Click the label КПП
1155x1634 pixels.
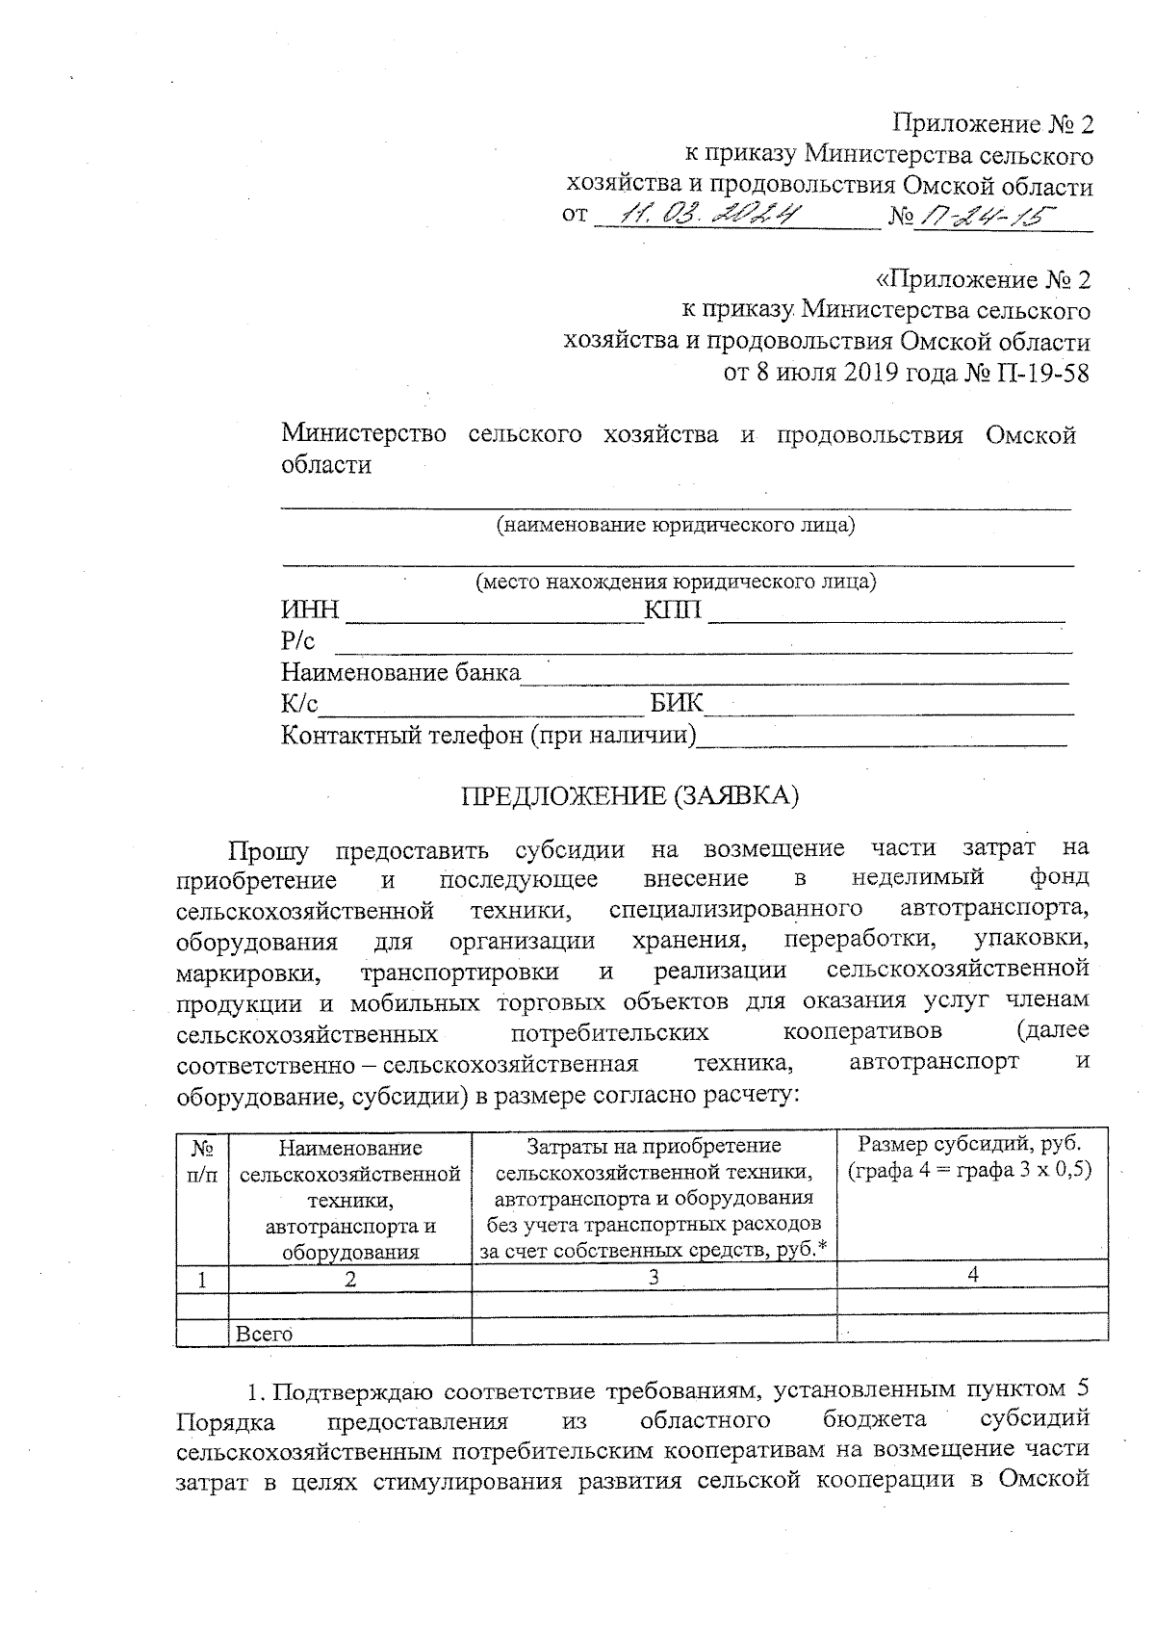pos(673,610)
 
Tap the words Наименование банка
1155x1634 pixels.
pos(399,672)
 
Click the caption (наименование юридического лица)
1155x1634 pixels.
pos(676,526)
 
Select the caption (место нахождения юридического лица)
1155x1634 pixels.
pos(676,582)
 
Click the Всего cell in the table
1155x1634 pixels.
pos(264,1334)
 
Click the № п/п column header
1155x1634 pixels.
pos(202,1161)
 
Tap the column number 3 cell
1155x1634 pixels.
pos(654,1277)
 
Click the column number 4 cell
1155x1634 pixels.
pos(972,1275)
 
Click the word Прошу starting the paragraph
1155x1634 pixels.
pos(268,850)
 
